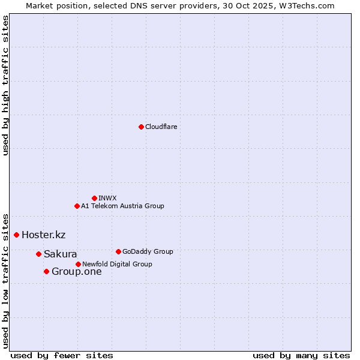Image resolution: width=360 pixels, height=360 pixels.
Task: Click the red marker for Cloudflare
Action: [x=141, y=127]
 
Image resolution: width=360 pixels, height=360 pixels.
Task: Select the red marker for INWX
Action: [x=94, y=198]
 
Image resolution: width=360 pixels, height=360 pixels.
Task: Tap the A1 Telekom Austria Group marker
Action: [x=77, y=206]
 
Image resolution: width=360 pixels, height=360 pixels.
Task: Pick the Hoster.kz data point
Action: [x=16, y=235]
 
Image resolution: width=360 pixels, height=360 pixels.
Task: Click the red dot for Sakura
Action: [x=38, y=254]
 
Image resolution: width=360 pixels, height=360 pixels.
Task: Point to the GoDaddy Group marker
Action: [x=118, y=251]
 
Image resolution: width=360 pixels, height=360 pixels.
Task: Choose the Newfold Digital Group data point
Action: [x=78, y=264]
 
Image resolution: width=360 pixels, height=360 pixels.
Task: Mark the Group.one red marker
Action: [x=46, y=272]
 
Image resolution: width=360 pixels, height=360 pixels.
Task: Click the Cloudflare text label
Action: [x=161, y=127]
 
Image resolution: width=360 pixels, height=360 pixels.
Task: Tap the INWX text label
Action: [x=107, y=198]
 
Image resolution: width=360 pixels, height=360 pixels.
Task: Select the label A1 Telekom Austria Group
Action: [x=122, y=206]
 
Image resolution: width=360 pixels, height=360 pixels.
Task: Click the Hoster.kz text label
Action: [x=43, y=235]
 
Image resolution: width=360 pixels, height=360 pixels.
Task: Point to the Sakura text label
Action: [x=60, y=254]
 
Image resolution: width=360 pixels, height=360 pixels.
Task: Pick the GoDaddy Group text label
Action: [x=148, y=251]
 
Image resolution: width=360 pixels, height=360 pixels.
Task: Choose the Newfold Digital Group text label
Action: [x=117, y=264]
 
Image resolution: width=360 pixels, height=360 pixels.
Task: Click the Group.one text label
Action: [x=76, y=272]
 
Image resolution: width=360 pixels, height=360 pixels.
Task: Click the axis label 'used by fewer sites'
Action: [x=62, y=355]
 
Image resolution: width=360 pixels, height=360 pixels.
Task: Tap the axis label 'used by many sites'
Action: [x=301, y=355]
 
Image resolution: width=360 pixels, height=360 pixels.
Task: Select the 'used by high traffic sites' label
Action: [x=6, y=85]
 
